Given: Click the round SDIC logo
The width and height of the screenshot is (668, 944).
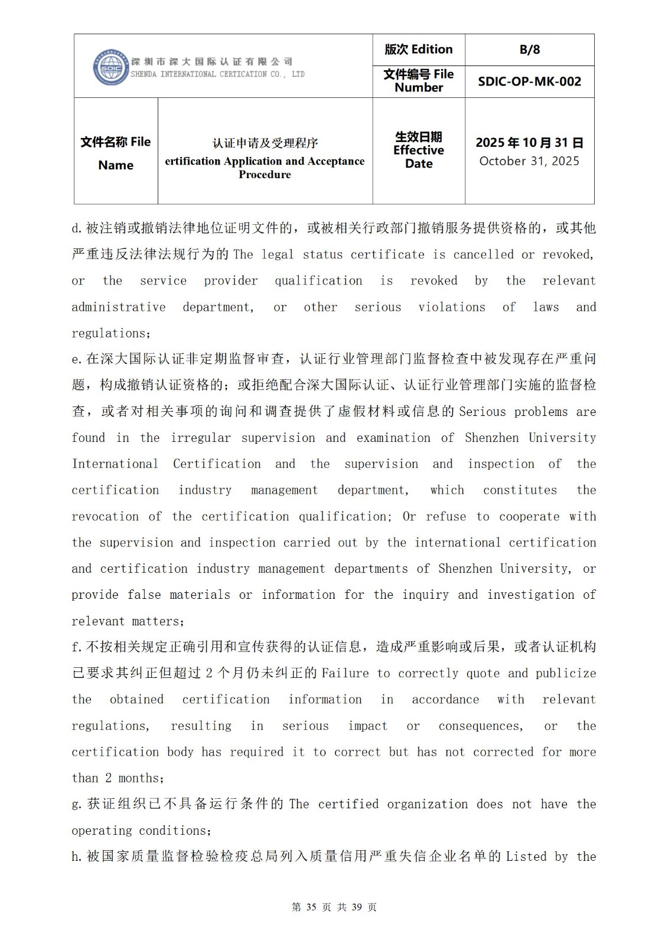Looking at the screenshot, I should [110, 67].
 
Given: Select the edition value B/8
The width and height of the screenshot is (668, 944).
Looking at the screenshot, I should [529, 50].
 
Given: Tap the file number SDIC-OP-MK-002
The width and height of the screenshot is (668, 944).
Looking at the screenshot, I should [529, 81].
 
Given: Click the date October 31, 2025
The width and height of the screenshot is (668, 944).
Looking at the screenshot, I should [529, 161].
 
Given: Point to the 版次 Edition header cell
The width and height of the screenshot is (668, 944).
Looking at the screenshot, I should [418, 50].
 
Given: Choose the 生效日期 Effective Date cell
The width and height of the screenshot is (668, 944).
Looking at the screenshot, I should [418, 150].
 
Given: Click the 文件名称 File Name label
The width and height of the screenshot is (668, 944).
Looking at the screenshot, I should [116, 153].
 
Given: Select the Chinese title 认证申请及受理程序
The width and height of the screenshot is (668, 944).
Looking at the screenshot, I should [265, 143].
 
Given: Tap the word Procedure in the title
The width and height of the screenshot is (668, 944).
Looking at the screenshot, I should [265, 175].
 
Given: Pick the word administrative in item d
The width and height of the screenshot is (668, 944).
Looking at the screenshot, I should [118, 307].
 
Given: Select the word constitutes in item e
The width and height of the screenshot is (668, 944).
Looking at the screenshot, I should [520, 490].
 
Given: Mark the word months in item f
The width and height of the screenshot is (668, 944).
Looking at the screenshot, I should [141, 778].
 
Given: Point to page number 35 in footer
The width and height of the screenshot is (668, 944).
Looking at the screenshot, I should [311, 907].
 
